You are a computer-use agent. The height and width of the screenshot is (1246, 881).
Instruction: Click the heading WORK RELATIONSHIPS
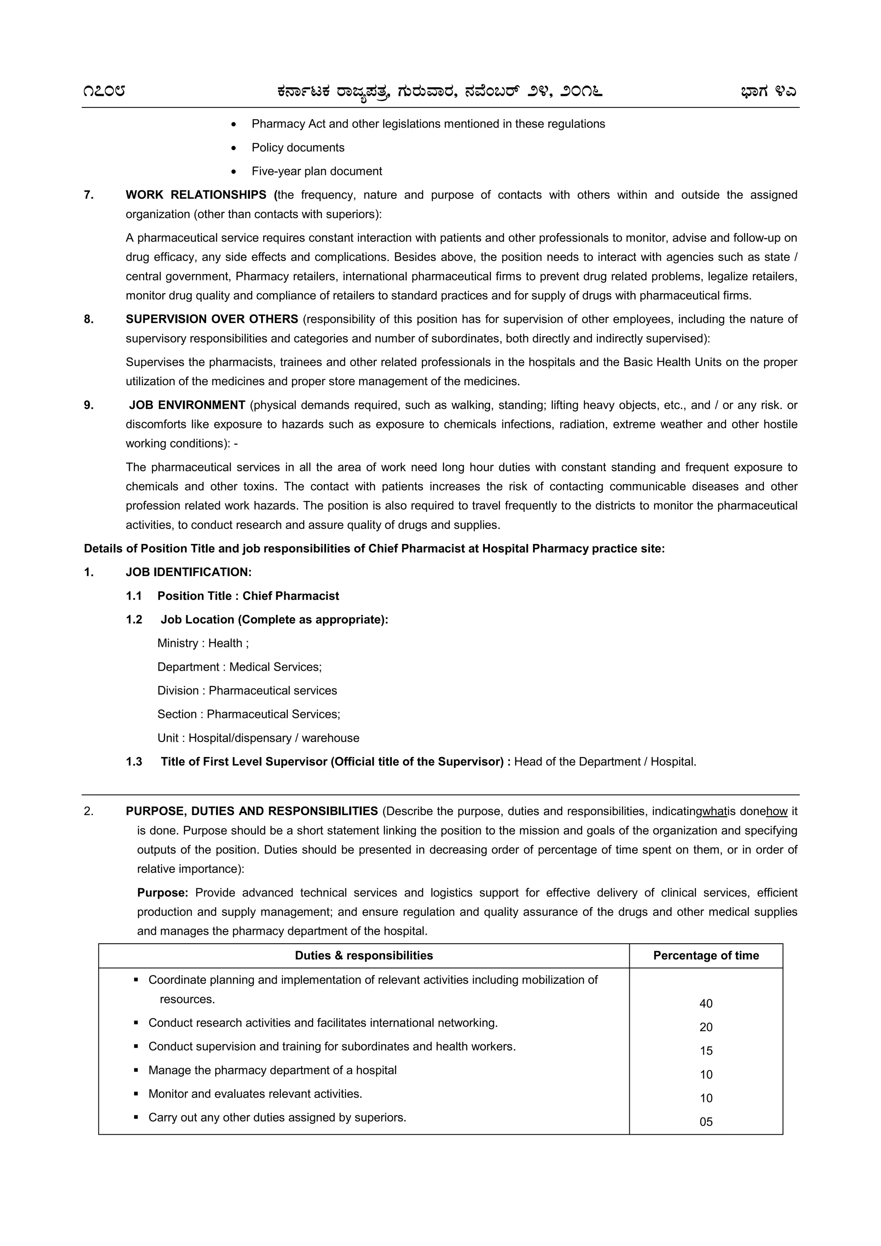click(x=196, y=195)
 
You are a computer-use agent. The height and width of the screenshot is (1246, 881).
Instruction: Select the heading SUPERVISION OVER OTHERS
click(x=212, y=319)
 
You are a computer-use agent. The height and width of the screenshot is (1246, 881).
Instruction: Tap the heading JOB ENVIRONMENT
click(x=187, y=405)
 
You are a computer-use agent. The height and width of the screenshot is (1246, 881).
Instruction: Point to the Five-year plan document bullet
click(x=317, y=172)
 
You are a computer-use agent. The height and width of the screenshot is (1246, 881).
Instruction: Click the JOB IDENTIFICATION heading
click(x=188, y=572)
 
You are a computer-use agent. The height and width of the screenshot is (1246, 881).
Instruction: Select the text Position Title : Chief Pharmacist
click(x=248, y=596)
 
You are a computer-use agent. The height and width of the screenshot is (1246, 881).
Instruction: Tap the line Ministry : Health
click(x=203, y=643)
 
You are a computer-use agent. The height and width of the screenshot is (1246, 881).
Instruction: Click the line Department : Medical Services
click(x=239, y=667)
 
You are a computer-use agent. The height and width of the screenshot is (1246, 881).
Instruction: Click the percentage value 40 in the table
click(x=705, y=1004)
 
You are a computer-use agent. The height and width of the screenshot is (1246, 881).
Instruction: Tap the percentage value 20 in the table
click(x=705, y=1027)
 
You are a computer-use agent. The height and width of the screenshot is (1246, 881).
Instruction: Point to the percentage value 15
click(x=705, y=1051)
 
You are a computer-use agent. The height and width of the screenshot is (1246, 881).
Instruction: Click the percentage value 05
click(x=705, y=1122)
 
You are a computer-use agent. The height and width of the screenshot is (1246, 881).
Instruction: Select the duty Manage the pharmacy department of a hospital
click(x=272, y=1070)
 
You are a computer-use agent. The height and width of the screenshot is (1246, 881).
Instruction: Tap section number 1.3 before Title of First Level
click(x=134, y=762)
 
